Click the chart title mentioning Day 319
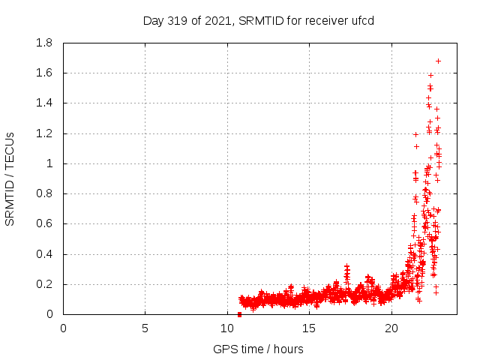point(258,20)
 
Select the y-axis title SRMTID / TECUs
point(10,178)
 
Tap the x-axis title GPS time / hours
point(258,349)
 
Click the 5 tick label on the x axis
point(145,328)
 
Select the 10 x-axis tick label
point(227,328)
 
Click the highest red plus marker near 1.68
point(439,61)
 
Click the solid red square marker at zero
point(239,314)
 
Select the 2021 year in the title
point(216,20)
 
